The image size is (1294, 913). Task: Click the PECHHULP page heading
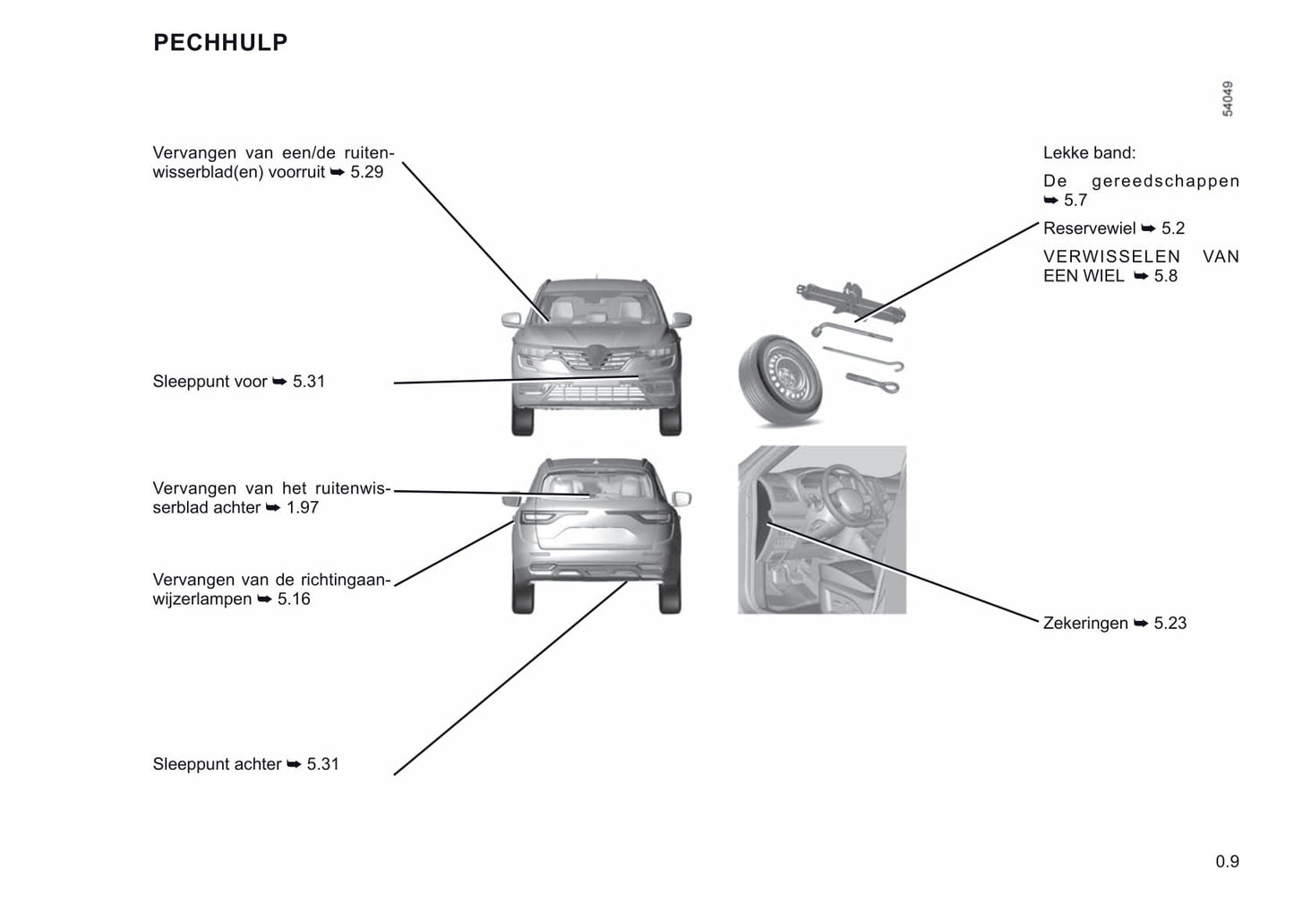point(220,43)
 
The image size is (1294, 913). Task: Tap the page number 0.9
point(1227,862)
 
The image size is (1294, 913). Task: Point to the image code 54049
point(1228,99)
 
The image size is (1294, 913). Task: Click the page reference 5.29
point(367,172)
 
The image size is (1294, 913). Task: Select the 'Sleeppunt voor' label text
point(210,382)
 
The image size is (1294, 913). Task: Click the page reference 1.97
point(303,508)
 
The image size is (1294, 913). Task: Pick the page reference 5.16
point(294,599)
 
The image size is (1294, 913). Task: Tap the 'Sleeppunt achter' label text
point(217,764)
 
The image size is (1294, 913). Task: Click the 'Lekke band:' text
point(1089,153)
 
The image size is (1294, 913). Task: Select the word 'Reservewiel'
point(1089,228)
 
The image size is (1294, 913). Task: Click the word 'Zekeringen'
point(1085,624)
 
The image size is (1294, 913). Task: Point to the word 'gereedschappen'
point(1165,182)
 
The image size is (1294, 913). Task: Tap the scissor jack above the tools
point(851,300)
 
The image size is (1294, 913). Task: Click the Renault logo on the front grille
point(597,356)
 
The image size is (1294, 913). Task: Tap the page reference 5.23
point(1170,624)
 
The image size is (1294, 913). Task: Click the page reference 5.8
point(1166,276)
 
